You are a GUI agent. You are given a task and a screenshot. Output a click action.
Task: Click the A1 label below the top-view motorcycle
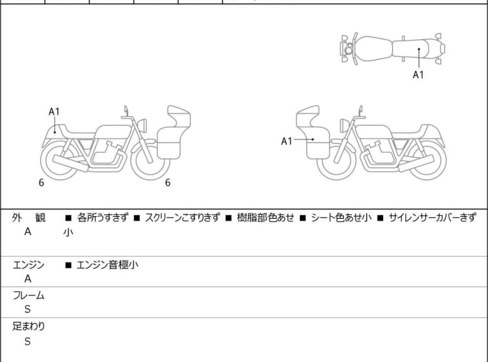[419, 75]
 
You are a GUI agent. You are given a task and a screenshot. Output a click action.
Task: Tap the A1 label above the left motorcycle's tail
[54, 112]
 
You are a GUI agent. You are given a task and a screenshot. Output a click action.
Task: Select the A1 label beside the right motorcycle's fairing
[287, 141]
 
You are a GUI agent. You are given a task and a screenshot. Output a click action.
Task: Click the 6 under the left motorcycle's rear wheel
[41, 183]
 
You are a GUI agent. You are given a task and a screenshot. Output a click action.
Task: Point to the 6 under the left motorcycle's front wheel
[167, 183]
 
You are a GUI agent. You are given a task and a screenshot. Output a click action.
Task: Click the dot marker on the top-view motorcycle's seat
[419, 49]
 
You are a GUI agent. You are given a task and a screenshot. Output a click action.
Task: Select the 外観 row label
[29, 218]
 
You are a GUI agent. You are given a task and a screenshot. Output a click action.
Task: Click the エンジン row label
[29, 265]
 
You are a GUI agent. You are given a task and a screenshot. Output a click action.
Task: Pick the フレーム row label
[29, 296]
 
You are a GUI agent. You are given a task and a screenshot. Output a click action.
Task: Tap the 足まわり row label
[29, 327]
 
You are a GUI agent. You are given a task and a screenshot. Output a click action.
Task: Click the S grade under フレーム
[27, 310]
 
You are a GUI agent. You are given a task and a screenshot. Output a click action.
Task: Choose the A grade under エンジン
[27, 279]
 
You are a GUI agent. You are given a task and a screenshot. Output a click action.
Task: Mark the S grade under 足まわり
[27, 341]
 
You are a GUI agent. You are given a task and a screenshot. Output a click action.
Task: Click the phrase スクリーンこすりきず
[182, 218]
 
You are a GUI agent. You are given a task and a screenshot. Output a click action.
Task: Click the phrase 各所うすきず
[102, 218]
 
